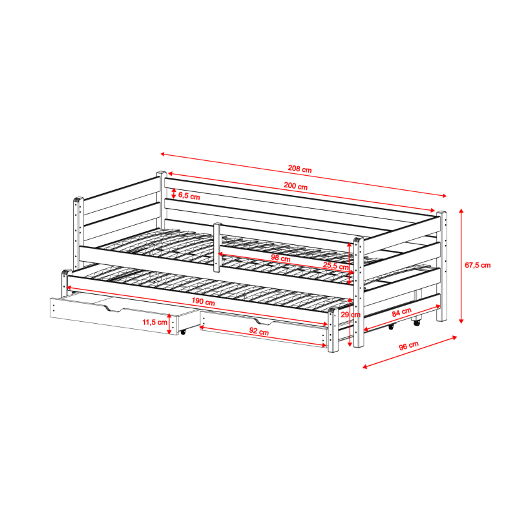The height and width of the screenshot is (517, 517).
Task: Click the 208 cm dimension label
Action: pyautogui.click(x=300, y=169)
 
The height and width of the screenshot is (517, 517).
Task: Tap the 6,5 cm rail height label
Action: pyautogui.click(x=189, y=195)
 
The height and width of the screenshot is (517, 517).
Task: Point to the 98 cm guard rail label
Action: pyautogui.click(x=280, y=258)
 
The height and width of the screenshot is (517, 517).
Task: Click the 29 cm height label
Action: pyautogui.click(x=350, y=315)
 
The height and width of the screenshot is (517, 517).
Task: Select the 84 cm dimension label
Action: pyautogui.click(x=401, y=311)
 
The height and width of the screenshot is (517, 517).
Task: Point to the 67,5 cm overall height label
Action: pyautogui.click(x=478, y=265)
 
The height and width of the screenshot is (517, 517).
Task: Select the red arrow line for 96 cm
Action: pyautogui.click(x=410, y=352)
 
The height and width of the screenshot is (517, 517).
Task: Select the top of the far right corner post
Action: pyautogui.click(x=442, y=214)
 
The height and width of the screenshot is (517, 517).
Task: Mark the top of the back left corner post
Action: pyautogui.click(x=162, y=174)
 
